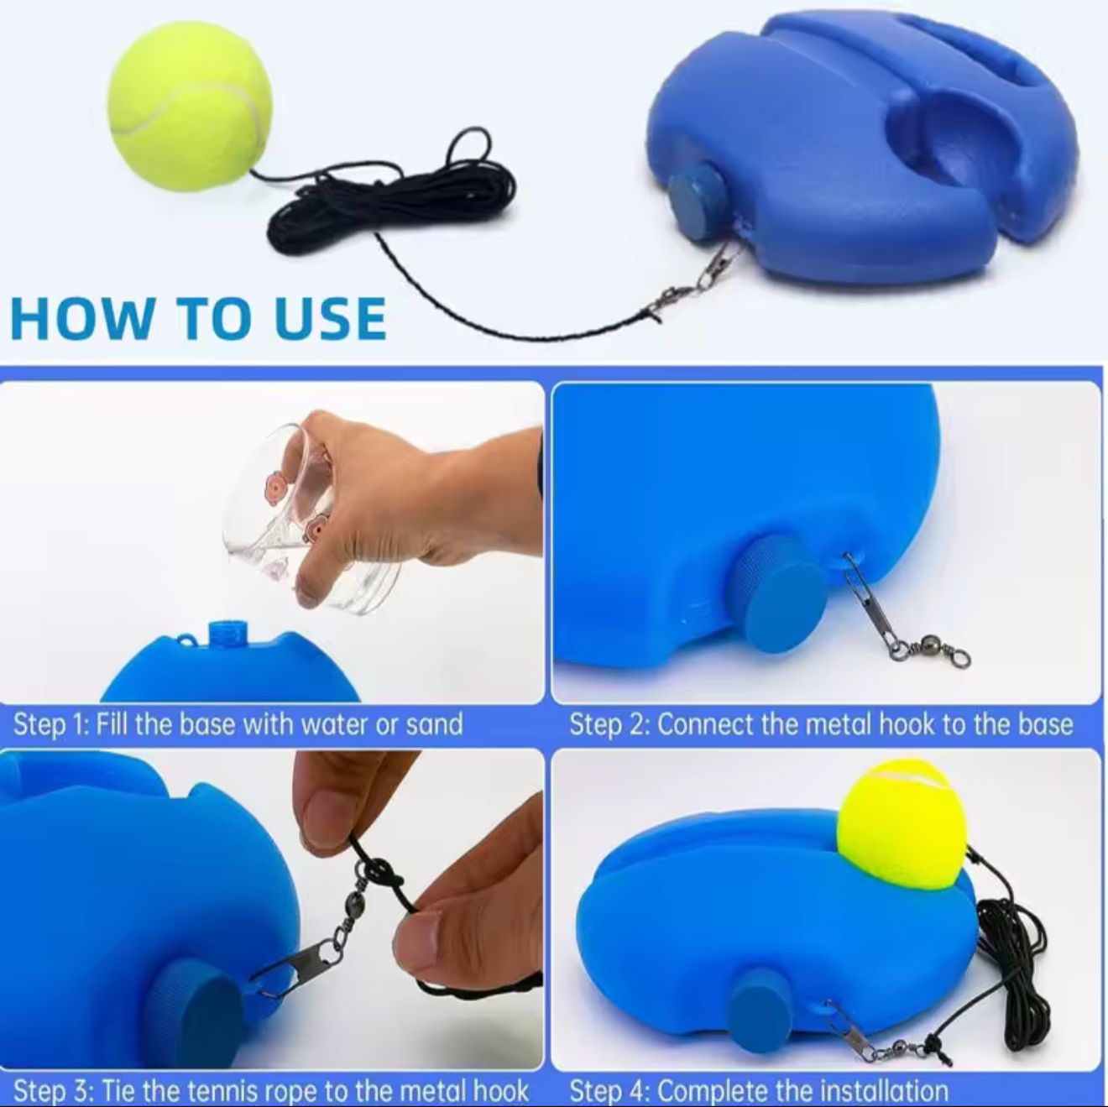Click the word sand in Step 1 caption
point(433,724)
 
